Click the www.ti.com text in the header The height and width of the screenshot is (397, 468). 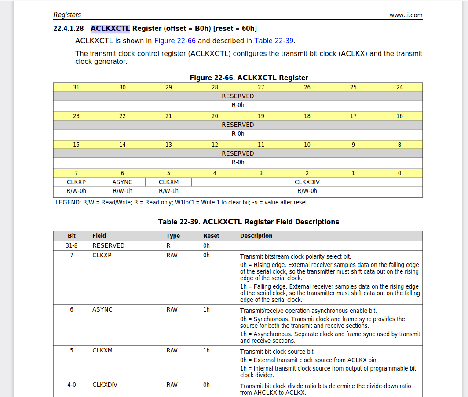coord(406,15)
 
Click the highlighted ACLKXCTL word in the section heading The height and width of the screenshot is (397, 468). coord(110,29)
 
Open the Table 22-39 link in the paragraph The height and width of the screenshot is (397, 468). coord(274,41)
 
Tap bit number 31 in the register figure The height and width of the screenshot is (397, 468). coord(77,87)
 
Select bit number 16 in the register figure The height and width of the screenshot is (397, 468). coord(399,116)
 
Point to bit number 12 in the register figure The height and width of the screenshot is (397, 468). coord(215,145)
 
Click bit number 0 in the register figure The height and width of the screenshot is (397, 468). coord(399,173)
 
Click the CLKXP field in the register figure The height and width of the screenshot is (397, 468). coord(76,182)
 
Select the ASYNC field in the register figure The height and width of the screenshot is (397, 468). coord(122,182)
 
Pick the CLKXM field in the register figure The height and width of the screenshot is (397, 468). coord(168,182)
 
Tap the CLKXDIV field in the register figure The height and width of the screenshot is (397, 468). coord(307,182)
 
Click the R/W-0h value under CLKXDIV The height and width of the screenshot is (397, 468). coord(307,191)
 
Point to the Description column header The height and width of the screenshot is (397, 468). coord(256,236)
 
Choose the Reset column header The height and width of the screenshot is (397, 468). coord(211,236)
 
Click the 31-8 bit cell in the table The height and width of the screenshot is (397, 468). coord(72,245)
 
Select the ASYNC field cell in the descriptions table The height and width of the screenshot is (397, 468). coord(102,309)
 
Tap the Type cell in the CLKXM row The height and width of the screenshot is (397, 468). coord(172,350)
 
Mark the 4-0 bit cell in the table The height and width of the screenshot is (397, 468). coord(72,385)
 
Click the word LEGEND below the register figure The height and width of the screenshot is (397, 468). coord(68,202)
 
